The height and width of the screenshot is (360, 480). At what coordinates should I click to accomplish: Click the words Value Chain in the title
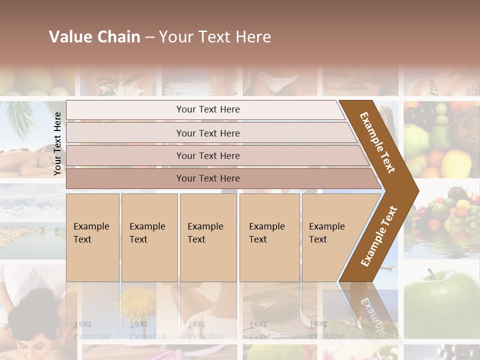pyautogui.click(x=94, y=37)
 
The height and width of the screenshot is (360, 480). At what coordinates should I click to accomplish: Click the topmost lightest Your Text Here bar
pyautogui.click(x=207, y=109)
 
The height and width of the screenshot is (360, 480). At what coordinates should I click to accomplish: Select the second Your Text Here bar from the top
pyautogui.click(x=207, y=133)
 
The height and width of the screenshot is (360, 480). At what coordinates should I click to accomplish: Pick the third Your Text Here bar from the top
pyautogui.click(x=207, y=155)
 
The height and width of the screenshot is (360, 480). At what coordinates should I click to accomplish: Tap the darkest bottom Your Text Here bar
pyautogui.click(x=207, y=178)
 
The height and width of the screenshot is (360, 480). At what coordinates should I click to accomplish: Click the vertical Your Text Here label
pyautogui.click(x=57, y=143)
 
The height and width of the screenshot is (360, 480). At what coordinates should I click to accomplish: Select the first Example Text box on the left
pyautogui.click(x=92, y=237)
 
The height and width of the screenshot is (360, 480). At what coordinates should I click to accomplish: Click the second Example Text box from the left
pyautogui.click(x=149, y=237)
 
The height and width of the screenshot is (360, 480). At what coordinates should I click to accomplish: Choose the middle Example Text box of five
pyautogui.click(x=208, y=237)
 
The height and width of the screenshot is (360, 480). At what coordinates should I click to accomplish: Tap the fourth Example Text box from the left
pyautogui.click(x=269, y=237)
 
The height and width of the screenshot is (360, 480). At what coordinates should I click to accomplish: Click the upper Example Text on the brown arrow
pyautogui.click(x=377, y=142)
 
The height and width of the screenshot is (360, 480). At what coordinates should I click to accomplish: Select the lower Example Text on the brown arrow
pyautogui.click(x=379, y=236)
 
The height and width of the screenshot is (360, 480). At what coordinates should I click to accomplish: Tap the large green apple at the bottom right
pyautogui.click(x=440, y=300)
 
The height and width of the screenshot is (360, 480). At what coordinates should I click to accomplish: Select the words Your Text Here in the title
pyautogui.click(x=215, y=37)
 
